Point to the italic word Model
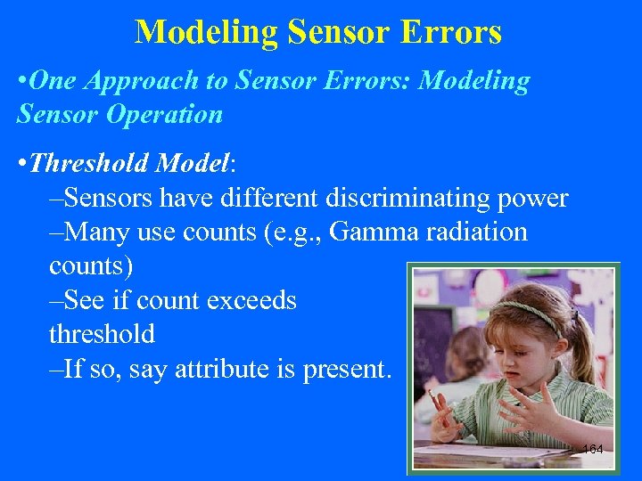pos(193,164)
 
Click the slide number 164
pos(592,449)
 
